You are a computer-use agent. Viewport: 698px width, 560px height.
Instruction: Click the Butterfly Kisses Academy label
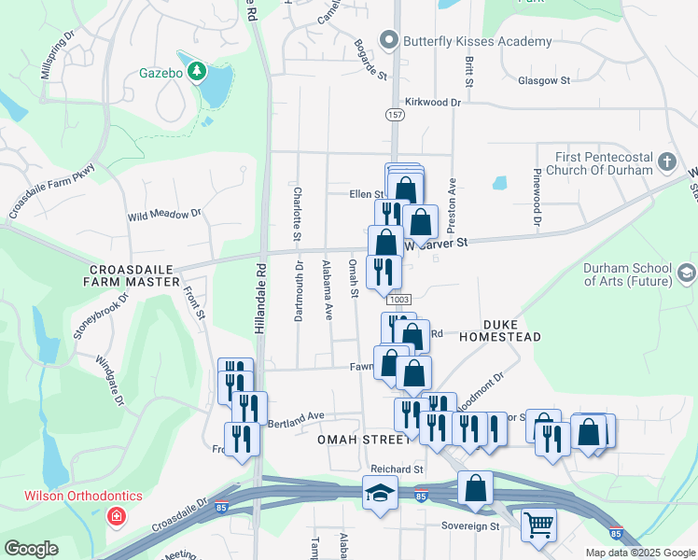(477, 41)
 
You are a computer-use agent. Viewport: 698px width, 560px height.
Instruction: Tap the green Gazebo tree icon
(196, 71)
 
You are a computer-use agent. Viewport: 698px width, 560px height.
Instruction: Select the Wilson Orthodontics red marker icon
(116, 515)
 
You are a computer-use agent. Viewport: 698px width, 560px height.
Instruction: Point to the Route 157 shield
(394, 113)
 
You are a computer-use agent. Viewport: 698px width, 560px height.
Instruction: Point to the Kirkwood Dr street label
(433, 102)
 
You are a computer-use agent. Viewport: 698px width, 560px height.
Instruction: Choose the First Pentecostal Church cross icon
(666, 162)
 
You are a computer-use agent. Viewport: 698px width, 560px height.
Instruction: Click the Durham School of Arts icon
(688, 273)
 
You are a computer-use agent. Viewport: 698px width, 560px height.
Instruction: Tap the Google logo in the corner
(32, 548)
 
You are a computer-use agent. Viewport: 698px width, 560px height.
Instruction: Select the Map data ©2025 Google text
(640, 553)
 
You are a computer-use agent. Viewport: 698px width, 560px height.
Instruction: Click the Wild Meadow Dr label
(164, 215)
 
